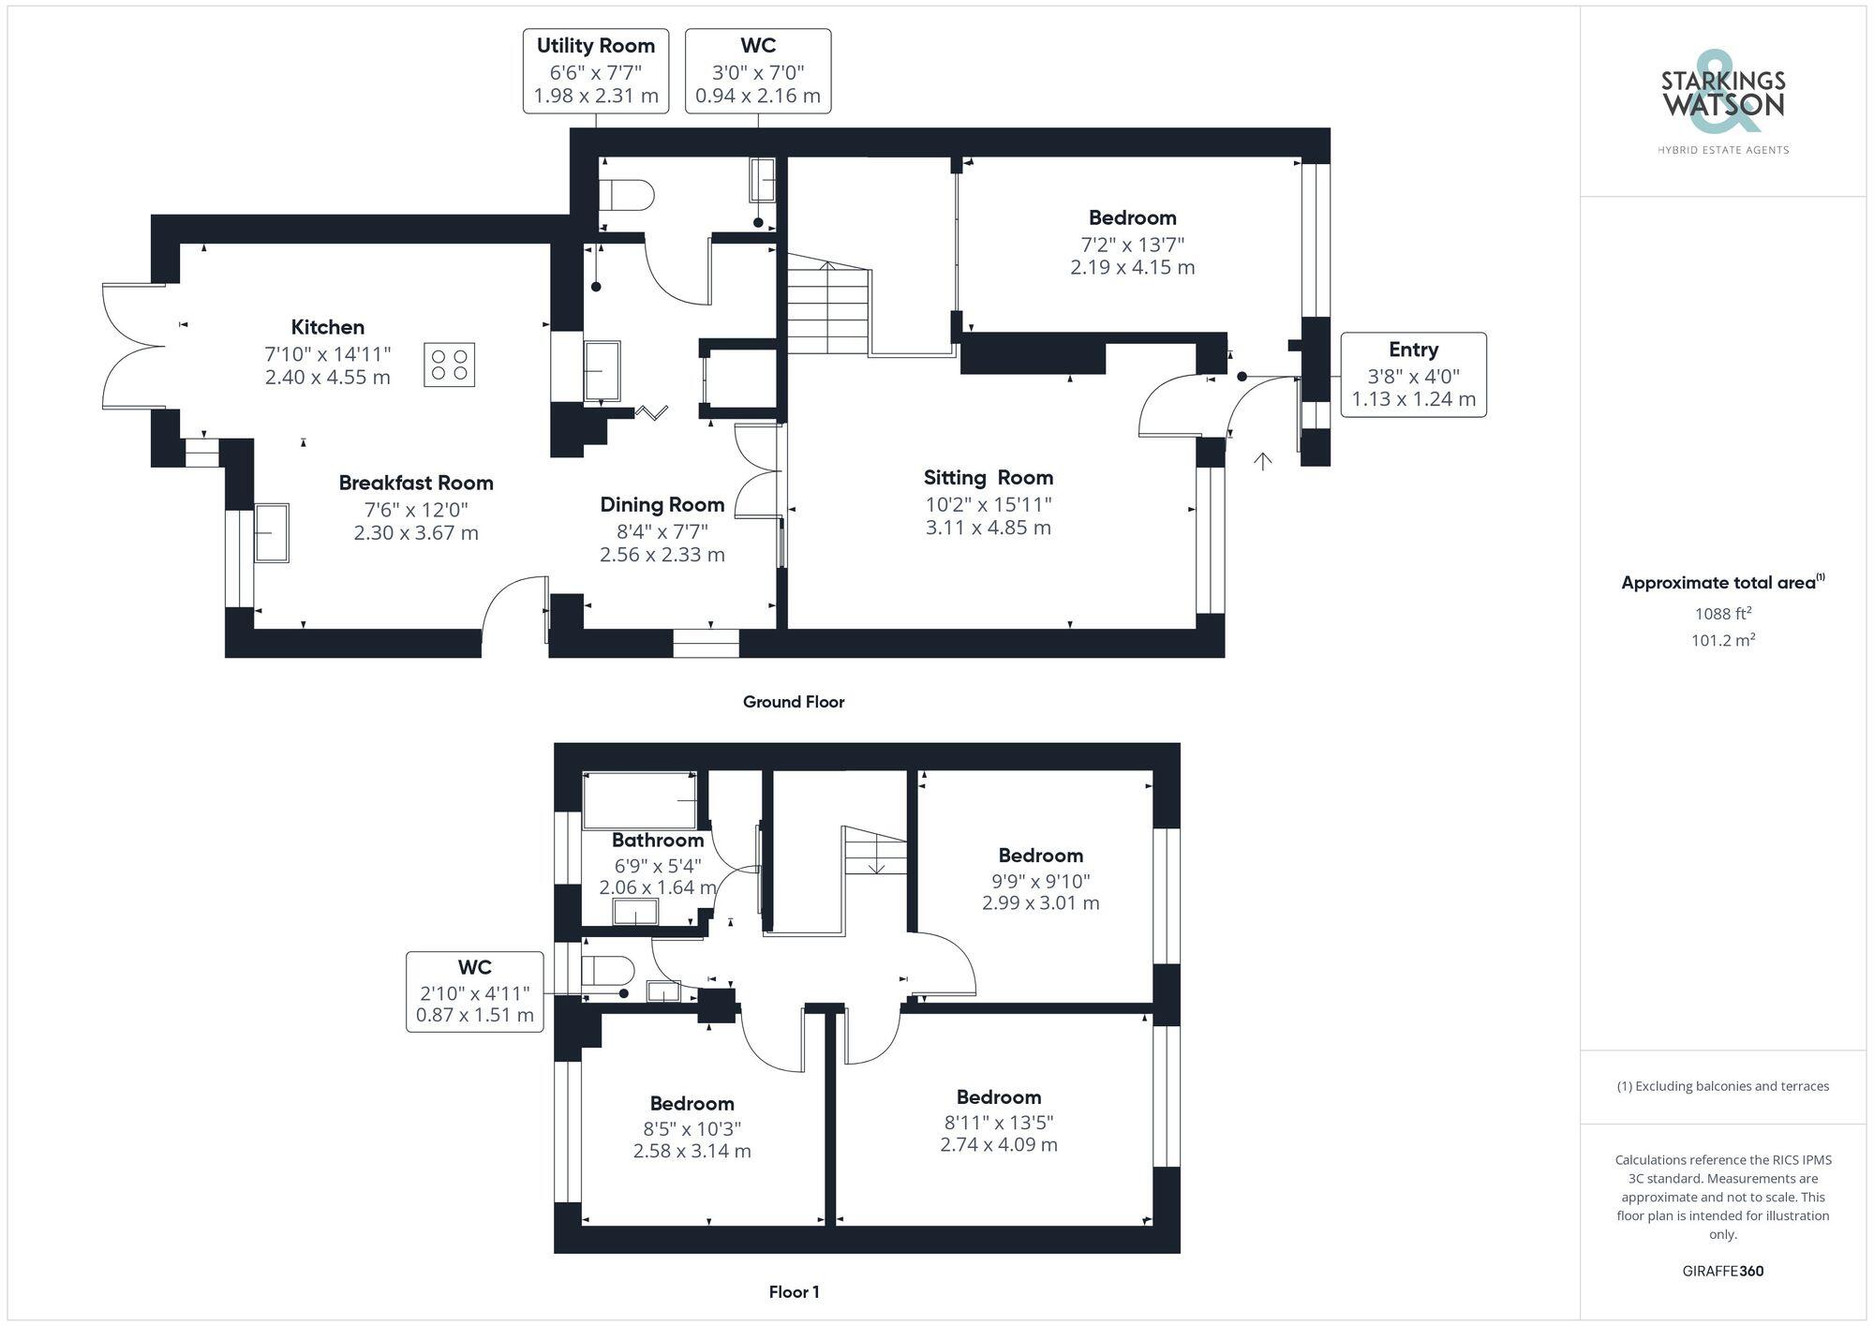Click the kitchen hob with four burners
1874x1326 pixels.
[x=449, y=365]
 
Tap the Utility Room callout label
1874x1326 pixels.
[x=596, y=71]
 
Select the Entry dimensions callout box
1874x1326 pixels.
[x=1413, y=375]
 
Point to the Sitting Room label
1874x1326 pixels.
[x=988, y=478]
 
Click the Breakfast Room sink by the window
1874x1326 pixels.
[x=272, y=532]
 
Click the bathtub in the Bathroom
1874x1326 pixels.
[x=640, y=800]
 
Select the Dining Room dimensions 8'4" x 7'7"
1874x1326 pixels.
[x=662, y=531]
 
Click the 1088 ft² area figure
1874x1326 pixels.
[x=1722, y=614]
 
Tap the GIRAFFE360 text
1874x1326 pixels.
[x=1722, y=1271]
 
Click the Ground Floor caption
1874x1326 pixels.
[x=794, y=702]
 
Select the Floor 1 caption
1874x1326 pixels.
[x=794, y=1291]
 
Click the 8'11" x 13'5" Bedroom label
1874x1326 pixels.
[x=999, y=1121]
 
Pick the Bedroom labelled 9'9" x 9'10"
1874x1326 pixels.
[x=1040, y=879]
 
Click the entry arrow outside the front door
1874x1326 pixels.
[x=1263, y=461]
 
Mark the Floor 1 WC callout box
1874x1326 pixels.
[x=475, y=991]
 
